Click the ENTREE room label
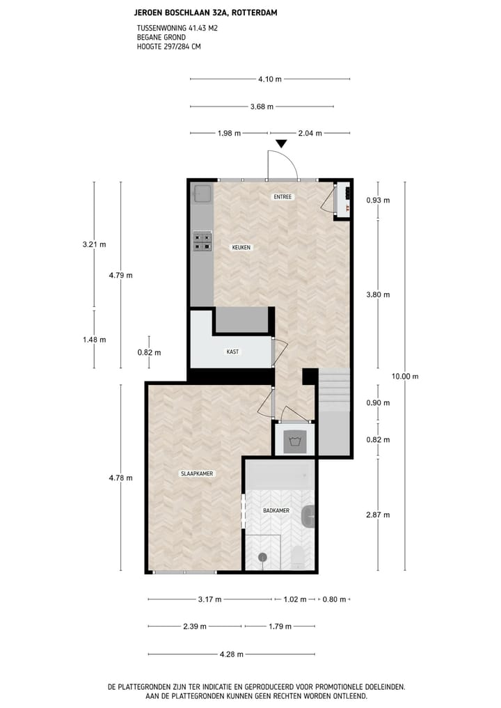tap(283, 197)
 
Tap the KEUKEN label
tap(241, 247)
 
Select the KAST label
tap(232, 352)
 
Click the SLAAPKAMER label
tap(197, 473)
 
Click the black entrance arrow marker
tap(280, 144)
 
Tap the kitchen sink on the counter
tap(203, 194)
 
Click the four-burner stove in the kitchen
tap(202, 241)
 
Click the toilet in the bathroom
tap(298, 556)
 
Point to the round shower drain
tap(262, 556)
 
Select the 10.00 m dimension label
tap(405, 377)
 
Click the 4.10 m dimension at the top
tap(270, 79)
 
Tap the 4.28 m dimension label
tap(231, 654)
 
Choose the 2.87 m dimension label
tap(378, 514)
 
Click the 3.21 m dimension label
tap(94, 244)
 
